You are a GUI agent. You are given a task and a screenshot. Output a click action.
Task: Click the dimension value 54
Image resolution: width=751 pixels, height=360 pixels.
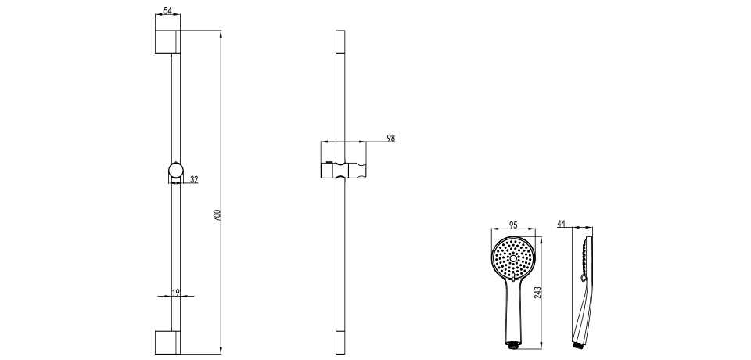[167, 9]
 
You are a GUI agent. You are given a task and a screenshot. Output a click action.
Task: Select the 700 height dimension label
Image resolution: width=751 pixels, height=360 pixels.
[216, 215]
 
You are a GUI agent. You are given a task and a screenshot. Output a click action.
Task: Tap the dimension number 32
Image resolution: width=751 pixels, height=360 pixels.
[194, 179]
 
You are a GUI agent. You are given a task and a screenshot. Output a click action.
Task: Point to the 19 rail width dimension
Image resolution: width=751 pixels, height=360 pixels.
[176, 292]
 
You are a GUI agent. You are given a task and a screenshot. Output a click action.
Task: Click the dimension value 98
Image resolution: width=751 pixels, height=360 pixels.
[391, 138]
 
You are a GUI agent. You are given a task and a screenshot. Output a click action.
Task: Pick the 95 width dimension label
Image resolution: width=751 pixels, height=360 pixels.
[512, 225]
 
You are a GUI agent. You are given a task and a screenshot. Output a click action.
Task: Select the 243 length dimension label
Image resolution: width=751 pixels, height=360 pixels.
[537, 293]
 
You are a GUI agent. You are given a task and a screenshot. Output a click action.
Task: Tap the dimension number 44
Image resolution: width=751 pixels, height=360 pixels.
[562, 223]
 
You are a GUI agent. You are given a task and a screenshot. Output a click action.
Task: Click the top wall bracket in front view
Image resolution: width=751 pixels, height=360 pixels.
[167, 41]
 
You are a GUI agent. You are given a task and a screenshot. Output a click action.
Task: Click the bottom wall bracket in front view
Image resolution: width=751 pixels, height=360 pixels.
[167, 342]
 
